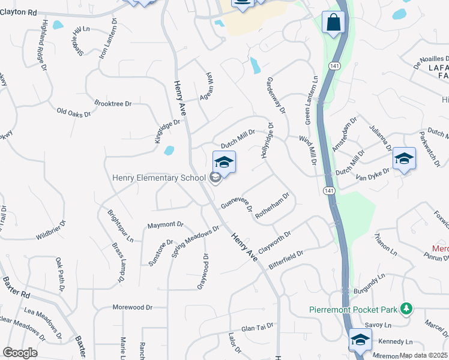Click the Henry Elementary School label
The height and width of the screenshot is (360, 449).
click(x=160, y=178)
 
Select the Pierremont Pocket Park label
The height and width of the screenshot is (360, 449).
click(x=354, y=310)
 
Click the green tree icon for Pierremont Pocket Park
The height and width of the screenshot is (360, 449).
click(x=408, y=308)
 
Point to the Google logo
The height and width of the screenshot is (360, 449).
click(x=20, y=353)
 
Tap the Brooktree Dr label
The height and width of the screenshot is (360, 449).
click(x=113, y=104)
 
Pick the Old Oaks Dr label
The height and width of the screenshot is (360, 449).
click(x=73, y=112)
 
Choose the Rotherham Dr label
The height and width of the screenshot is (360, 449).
click(x=273, y=206)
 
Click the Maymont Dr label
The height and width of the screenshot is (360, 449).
click(x=164, y=225)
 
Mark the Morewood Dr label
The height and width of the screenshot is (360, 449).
click(x=132, y=307)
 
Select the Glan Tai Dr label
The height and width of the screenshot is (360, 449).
click(x=258, y=327)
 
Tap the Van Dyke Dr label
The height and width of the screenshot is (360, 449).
click(x=372, y=174)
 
